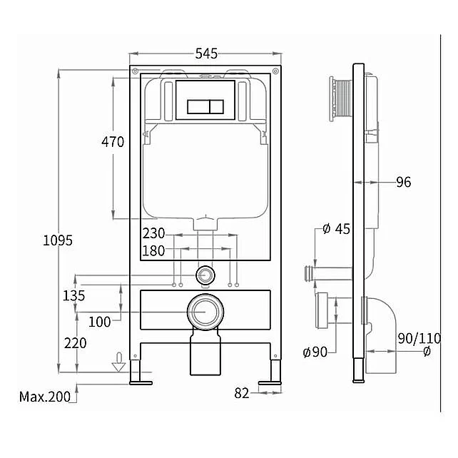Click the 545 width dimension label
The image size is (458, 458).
pos(206,54)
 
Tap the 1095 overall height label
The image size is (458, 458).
pos(58,240)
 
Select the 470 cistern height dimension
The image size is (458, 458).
pos(113,142)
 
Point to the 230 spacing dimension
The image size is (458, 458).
pos(153,233)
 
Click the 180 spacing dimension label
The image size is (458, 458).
pos(153,250)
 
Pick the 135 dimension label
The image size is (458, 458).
pos(74,295)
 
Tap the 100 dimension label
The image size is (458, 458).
pos(100,322)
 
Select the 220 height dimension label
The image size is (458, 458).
pos(76,343)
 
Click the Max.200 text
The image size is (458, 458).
pos(45,397)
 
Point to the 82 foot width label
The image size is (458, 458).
pos(242,393)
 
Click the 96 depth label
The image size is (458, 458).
pos(404,182)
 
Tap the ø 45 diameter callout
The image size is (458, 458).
pos(336,229)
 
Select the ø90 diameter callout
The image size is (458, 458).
pos(315,352)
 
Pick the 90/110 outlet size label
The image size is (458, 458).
pos(419,339)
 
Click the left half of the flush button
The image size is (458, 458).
pos(198,106)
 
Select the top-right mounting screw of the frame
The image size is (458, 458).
pos(275,71)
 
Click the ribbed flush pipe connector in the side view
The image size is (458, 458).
pos(341,98)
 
